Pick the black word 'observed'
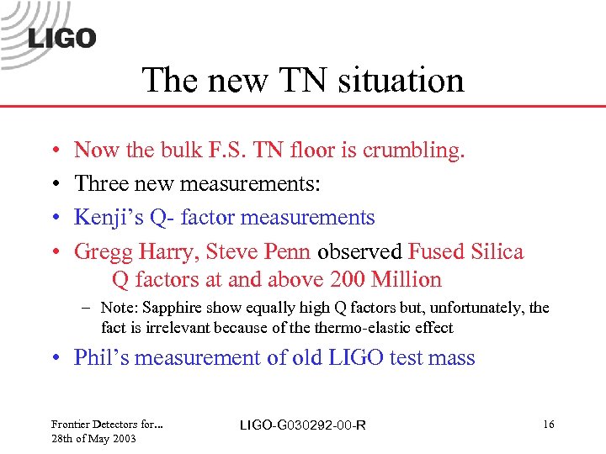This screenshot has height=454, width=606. [359, 251]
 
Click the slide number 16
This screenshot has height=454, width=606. [548, 425]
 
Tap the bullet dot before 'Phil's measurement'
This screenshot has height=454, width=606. [53, 359]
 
